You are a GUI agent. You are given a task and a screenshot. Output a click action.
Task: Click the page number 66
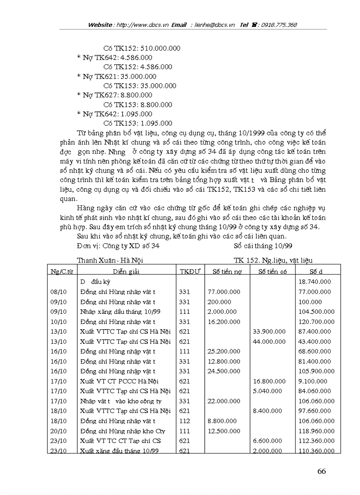tap(321, 471)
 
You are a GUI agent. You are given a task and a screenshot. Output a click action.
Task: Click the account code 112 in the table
tap(185, 421)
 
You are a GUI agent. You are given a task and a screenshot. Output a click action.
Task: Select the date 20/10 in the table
tap(59, 431)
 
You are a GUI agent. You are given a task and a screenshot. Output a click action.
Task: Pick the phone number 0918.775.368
tap(279, 25)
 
